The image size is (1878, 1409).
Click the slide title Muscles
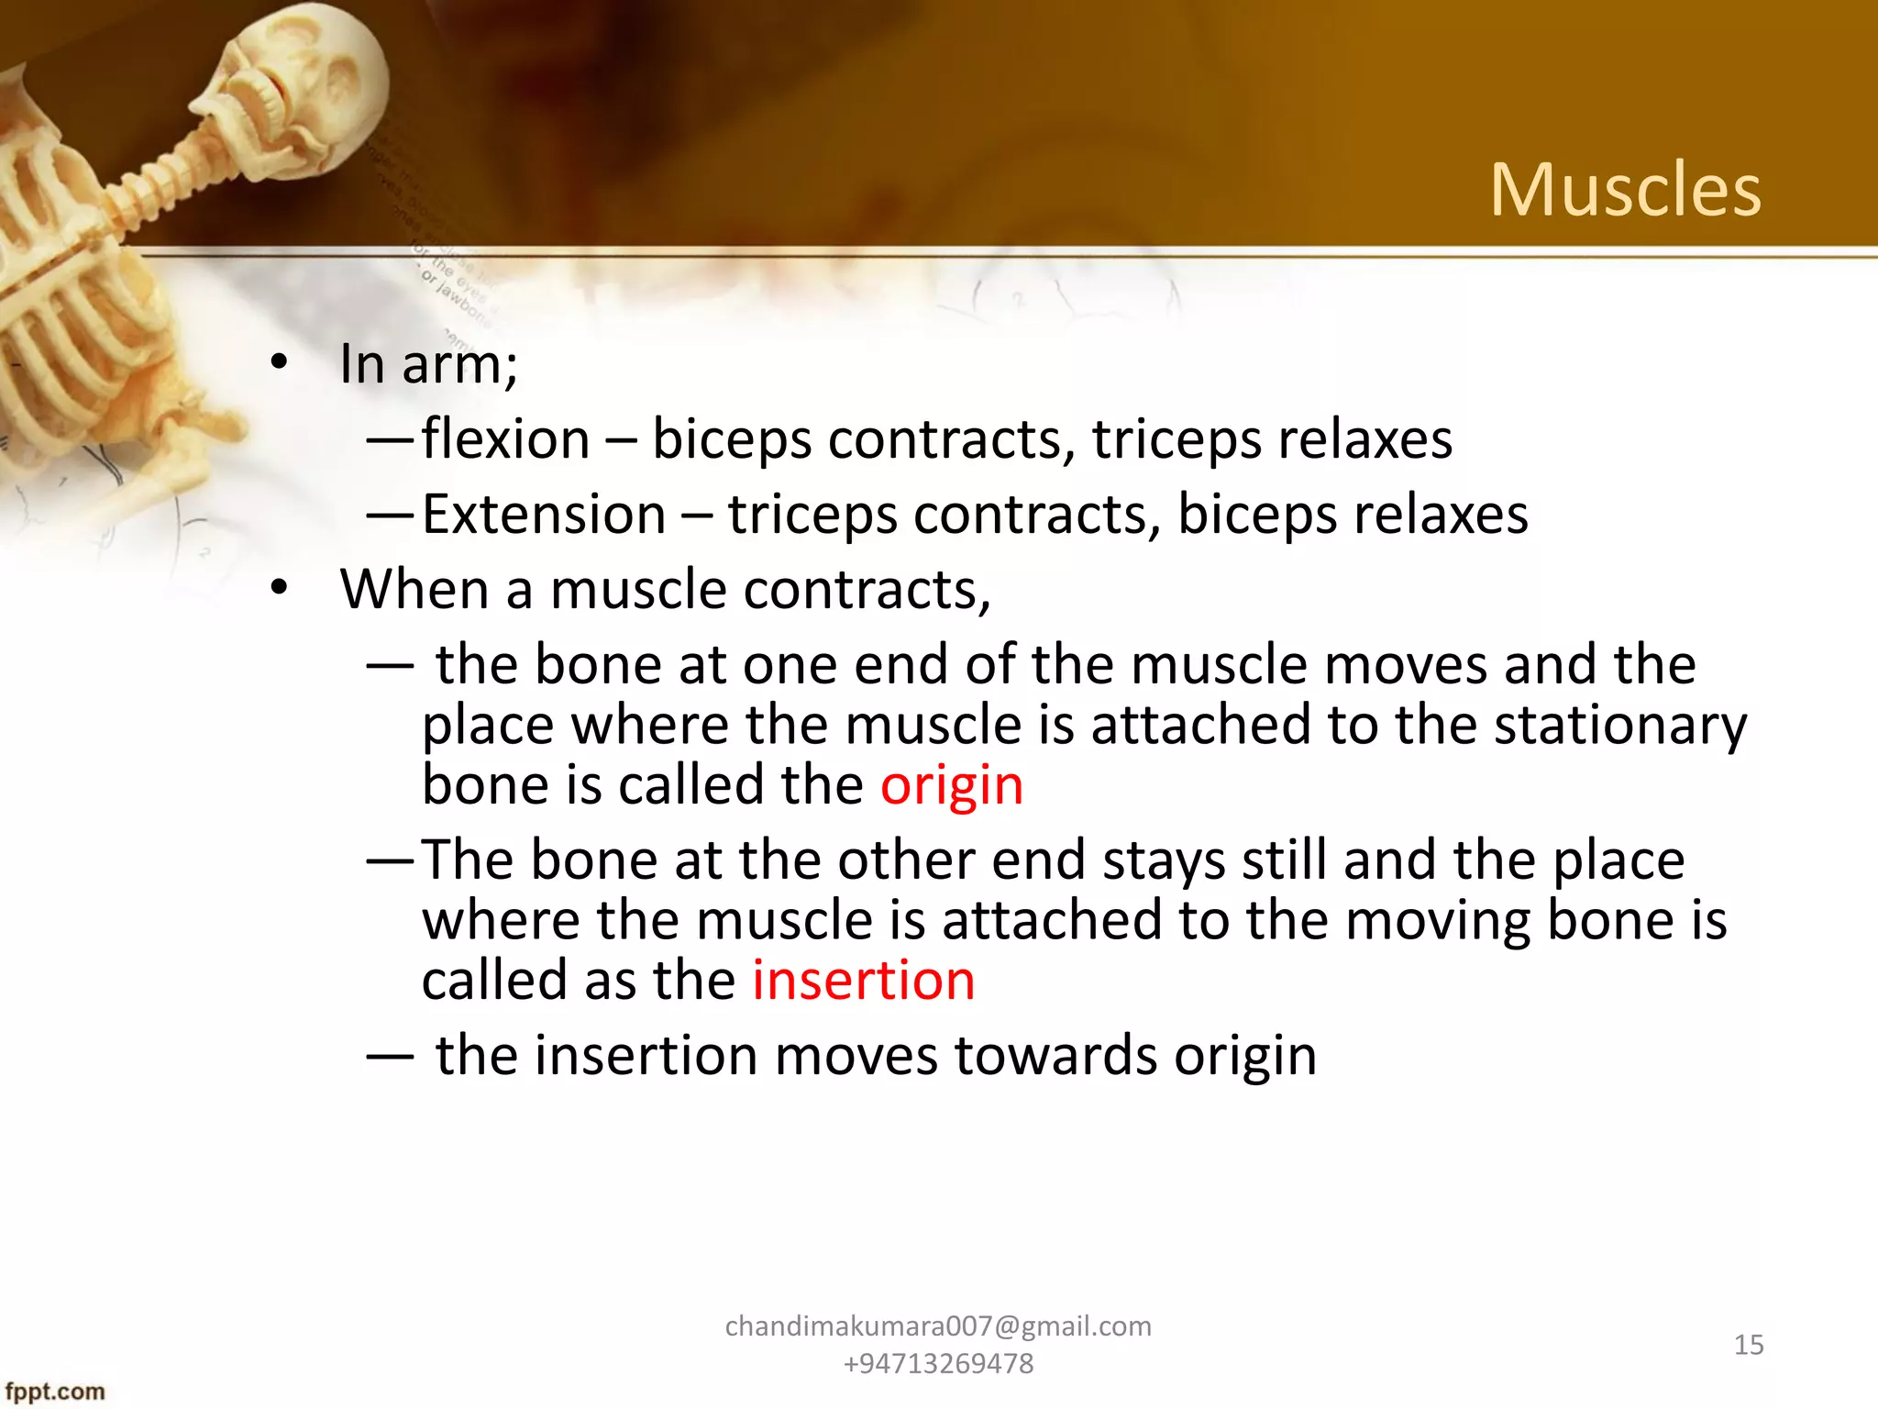[x=1625, y=190]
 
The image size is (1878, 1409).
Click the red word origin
[x=951, y=786]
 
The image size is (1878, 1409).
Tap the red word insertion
[x=863, y=981]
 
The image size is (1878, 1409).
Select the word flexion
[x=505, y=439]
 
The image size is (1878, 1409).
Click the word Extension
[x=544, y=515]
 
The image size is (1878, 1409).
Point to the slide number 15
[x=1748, y=1345]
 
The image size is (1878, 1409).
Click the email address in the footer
[x=938, y=1326]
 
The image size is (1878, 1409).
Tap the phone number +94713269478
[x=938, y=1364]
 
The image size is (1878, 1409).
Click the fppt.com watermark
[x=55, y=1392]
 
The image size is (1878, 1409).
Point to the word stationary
[x=1620, y=727]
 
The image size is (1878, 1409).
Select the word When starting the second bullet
[x=414, y=589]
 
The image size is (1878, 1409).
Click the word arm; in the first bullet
[x=459, y=365]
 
